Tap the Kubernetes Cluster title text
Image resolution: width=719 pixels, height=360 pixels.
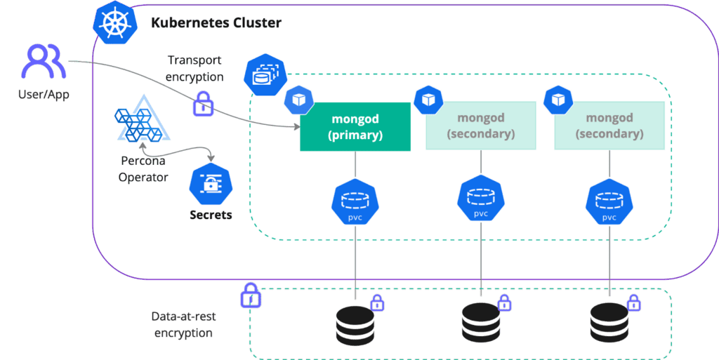pyautogui.click(x=216, y=23)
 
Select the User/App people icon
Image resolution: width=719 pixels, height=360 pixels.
pyautogui.click(x=43, y=62)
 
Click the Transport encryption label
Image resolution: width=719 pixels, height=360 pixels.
pyautogui.click(x=195, y=69)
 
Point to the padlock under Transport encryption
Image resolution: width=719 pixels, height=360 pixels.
pyautogui.click(x=203, y=103)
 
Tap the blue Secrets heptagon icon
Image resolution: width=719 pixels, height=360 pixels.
pyautogui.click(x=210, y=185)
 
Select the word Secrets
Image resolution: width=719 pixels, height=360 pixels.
pyautogui.click(x=210, y=215)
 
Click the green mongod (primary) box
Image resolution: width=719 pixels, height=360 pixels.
pyautogui.click(x=355, y=126)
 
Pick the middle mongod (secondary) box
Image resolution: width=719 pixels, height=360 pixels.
pyautogui.click(x=481, y=126)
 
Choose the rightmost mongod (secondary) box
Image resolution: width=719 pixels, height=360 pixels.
pyautogui.click(x=609, y=126)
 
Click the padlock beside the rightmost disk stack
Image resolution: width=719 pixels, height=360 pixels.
pyautogui.click(x=633, y=303)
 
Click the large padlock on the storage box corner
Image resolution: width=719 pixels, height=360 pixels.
pyautogui.click(x=251, y=296)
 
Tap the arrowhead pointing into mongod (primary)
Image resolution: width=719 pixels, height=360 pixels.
pyautogui.click(x=296, y=127)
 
